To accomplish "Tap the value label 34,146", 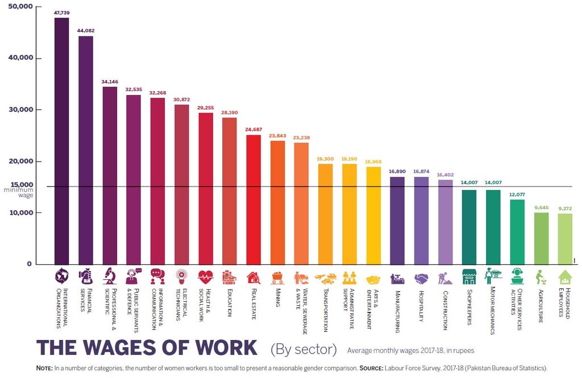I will [110, 82].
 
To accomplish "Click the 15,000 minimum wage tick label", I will [22, 185].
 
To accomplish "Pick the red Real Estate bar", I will [253, 200].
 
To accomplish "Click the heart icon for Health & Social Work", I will [206, 277].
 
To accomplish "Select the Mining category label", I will [278, 297].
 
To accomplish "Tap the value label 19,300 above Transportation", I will [326, 159].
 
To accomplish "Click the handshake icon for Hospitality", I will [421, 278].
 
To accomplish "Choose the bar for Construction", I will [445, 222].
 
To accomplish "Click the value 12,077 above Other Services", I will [517, 194].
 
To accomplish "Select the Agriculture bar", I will [541, 239].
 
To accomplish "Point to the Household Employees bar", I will [565, 239].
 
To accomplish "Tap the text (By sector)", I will [304, 348].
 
